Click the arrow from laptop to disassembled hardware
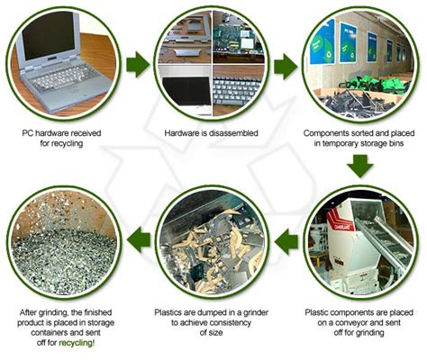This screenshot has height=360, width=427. [x=139, y=66]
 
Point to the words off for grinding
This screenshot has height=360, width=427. [x=359, y=332]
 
